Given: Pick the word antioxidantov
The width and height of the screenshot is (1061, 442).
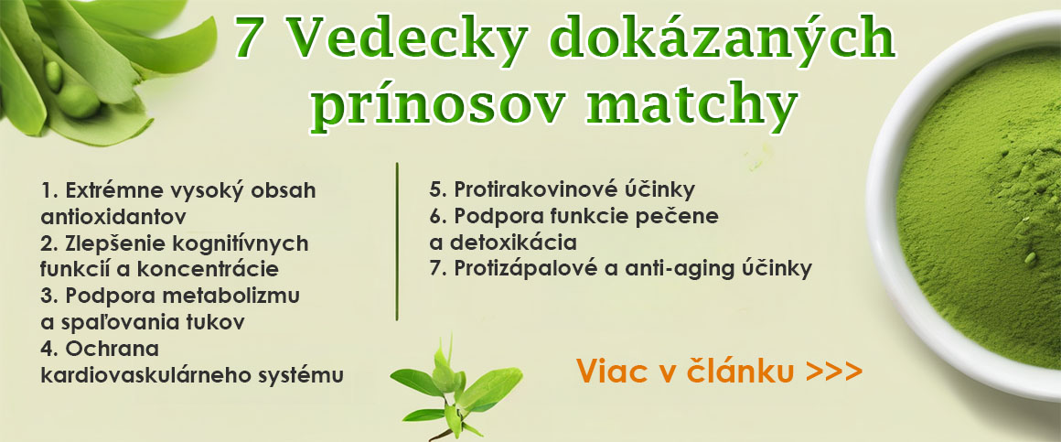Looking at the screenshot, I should (x=113, y=217).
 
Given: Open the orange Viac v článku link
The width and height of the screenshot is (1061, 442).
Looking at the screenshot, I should (x=718, y=372).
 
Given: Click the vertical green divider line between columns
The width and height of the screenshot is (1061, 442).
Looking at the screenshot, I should (x=397, y=242).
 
